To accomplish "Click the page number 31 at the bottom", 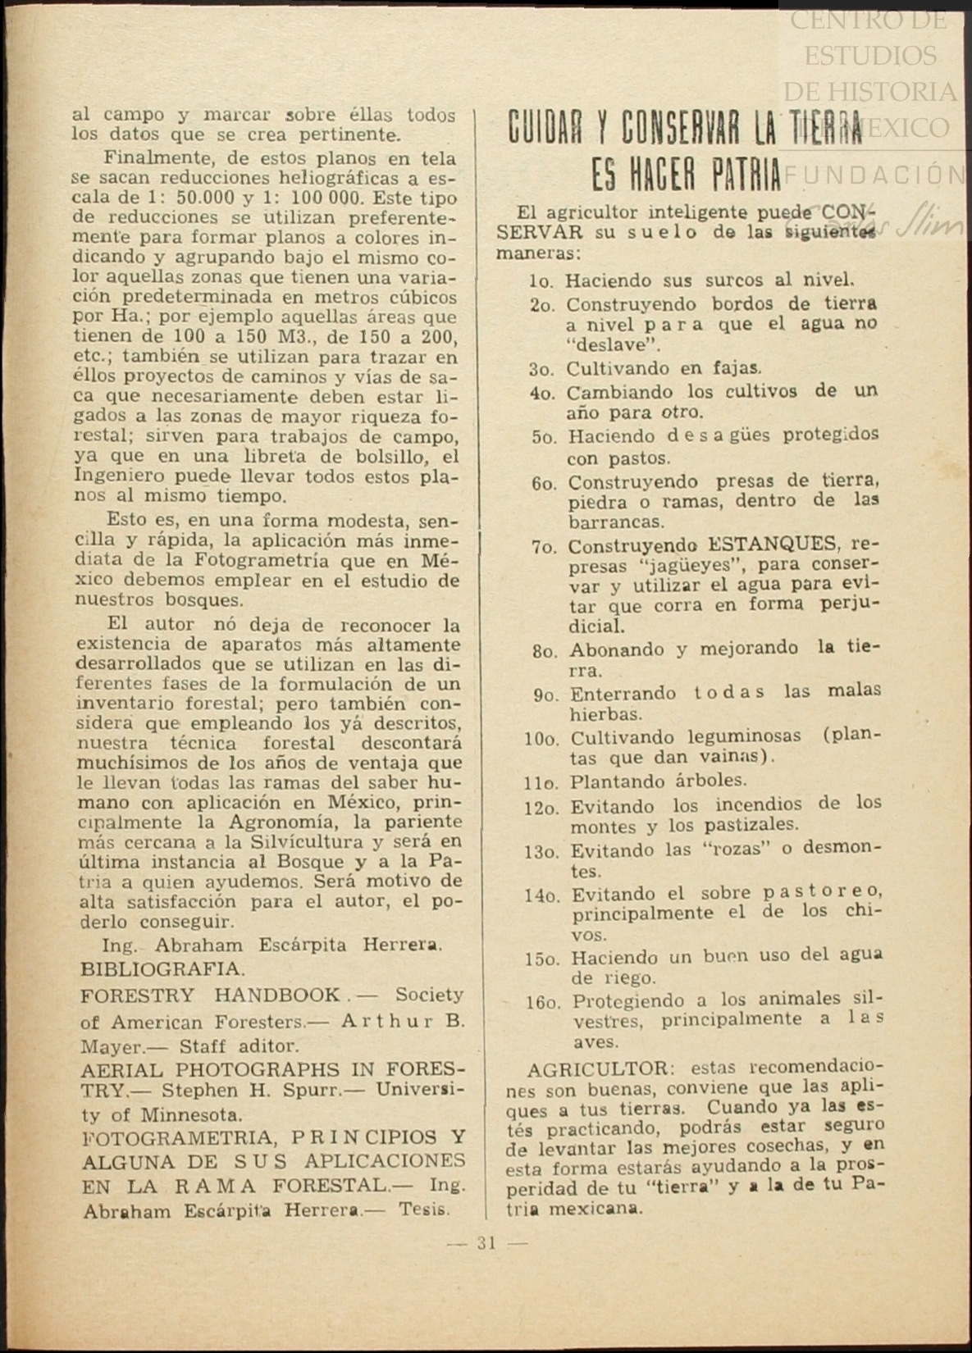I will click(486, 1243).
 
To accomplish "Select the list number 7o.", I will click(544, 547).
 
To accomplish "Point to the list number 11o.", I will click(541, 782).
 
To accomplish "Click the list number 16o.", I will click(544, 1002).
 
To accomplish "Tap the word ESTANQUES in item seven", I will click(773, 544).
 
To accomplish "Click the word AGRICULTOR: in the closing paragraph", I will click(599, 1069).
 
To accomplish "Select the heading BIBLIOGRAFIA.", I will click(162, 969).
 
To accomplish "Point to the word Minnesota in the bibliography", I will click(191, 1115).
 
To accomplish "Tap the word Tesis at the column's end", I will click(424, 1209).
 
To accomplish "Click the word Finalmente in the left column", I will click(153, 158).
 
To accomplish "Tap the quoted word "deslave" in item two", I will click(613, 345).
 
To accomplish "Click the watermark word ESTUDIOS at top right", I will click(869, 56).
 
